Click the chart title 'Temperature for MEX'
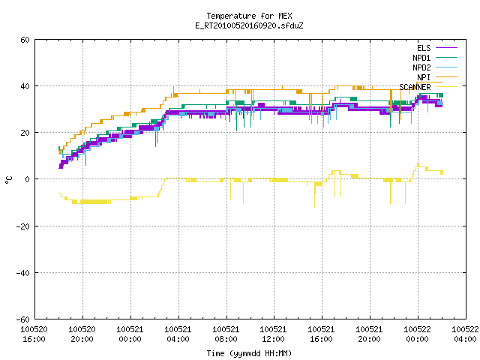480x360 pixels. point(249,16)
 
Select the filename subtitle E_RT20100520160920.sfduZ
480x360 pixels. point(249,25)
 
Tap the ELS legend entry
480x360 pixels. point(424,48)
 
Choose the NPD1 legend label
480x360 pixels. point(421,58)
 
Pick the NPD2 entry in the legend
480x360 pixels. point(421,67)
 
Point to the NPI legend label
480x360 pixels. point(424,77)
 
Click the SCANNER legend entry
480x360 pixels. point(415,87)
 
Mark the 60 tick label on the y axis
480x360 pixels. point(25,40)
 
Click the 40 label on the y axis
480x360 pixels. point(25,86)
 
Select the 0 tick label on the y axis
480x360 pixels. point(28,179)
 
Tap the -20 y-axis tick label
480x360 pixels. point(23,226)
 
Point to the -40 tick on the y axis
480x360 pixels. point(23,273)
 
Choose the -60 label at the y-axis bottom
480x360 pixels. point(23,319)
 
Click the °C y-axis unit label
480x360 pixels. point(8,180)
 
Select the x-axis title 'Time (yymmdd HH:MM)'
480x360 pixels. point(249,353)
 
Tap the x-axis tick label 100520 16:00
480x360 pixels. point(34,334)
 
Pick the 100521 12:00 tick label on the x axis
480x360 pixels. point(273,334)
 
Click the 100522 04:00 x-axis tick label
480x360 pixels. point(465,334)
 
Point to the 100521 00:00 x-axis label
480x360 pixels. point(130,334)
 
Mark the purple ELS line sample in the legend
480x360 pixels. point(447,48)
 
